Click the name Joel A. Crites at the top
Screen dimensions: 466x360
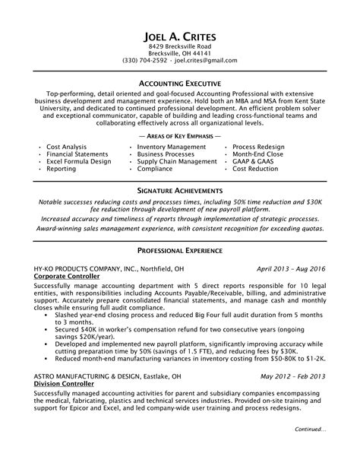pyautogui.click(x=180, y=36)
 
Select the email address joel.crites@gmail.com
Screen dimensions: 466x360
pyautogui.click(x=206, y=60)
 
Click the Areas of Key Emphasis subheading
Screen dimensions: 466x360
pyautogui.click(x=180, y=135)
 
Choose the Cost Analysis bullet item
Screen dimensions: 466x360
pyautogui.click(x=67, y=145)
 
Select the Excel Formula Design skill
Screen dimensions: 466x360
pyautogui.click(x=79, y=161)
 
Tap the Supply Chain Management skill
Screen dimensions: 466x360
pyautogui.click(x=177, y=161)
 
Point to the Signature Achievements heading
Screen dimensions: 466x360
pyautogui.click(x=180, y=189)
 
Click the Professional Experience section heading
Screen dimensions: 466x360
pyautogui.click(x=180, y=229)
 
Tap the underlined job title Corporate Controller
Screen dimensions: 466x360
pyautogui.click(x=66, y=256)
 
